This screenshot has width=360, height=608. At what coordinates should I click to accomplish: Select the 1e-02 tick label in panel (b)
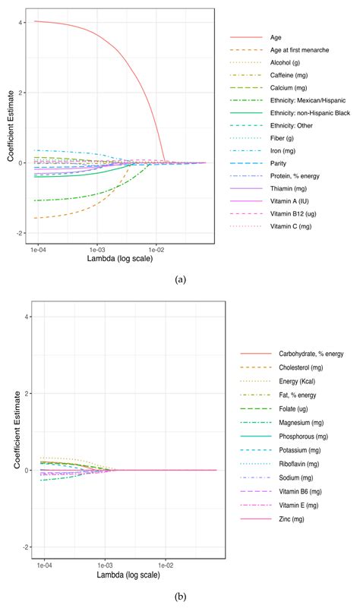[x=157, y=565]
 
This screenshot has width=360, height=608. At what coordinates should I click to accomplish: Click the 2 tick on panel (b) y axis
[x=23, y=393]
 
